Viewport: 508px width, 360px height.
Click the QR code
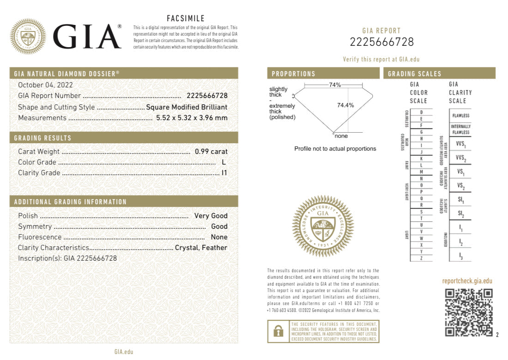[469, 312]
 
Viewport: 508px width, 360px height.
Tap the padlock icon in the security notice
[278, 331]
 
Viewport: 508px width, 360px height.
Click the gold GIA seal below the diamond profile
[323, 226]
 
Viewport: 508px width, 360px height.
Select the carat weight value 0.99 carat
[211, 152]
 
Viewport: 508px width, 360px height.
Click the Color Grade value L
[224, 162]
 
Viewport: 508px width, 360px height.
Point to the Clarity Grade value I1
[224, 173]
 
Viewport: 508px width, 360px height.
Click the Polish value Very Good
[211, 216]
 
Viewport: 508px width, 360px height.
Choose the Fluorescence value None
[219, 237]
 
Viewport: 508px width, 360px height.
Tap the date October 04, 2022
[45, 85]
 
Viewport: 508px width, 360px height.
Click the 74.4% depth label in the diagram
[345, 105]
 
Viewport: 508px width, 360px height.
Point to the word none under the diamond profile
[341, 136]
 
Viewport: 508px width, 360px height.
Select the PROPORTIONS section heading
[294, 74]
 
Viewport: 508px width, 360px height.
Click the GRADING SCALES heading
[414, 74]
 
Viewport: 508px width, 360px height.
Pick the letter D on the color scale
[421, 112]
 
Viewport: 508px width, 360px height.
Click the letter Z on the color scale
[421, 258]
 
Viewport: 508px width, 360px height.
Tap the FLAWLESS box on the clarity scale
[460, 116]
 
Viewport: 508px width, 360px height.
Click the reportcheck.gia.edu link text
[467, 281]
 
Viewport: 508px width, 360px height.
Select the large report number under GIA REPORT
[381, 42]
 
